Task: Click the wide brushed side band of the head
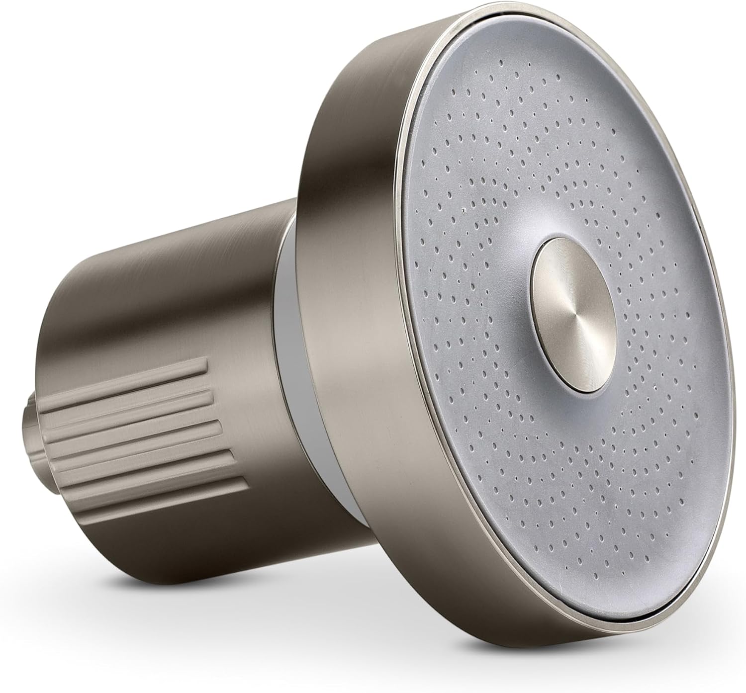pyautogui.click(x=348, y=348)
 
